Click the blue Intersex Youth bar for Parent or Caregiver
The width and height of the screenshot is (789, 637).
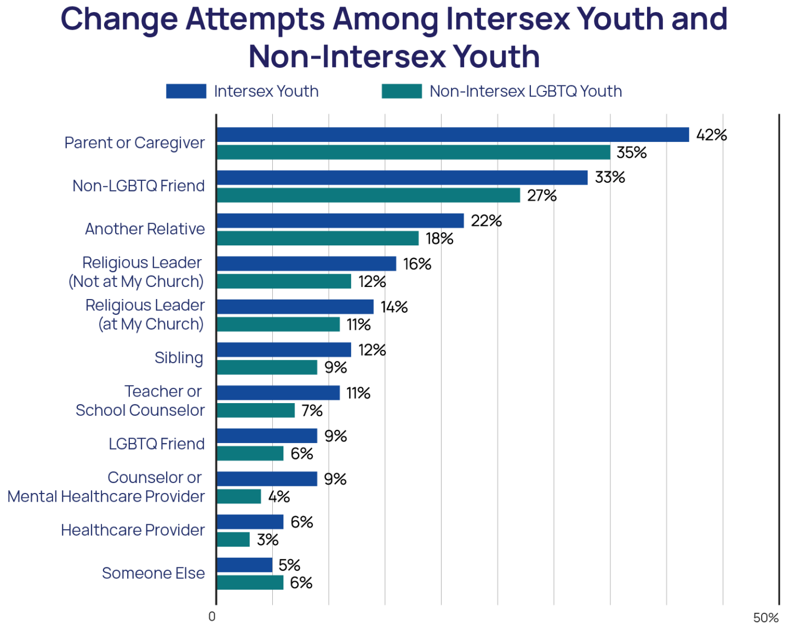pos(453,135)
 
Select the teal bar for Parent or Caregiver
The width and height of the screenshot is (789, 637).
pos(414,152)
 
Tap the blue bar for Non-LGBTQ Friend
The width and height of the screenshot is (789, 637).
pos(402,177)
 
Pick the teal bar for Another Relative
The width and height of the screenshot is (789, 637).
pos(318,238)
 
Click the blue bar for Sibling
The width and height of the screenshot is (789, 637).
pos(284,350)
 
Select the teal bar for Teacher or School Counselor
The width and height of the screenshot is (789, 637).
pos(256,410)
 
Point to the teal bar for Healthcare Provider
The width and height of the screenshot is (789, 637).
pos(233,540)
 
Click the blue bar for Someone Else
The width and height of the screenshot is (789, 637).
pos(244,565)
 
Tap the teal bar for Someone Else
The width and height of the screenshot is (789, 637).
pos(250,582)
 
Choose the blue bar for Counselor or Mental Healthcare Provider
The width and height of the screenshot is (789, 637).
pos(267,479)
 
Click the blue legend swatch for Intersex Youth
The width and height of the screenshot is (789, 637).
pos(186,91)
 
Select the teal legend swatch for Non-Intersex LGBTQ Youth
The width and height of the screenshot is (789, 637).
pos(402,91)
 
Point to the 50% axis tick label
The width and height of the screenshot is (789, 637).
pos(765,618)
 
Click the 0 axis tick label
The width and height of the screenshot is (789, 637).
pos(212,617)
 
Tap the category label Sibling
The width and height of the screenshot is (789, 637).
pos(179,358)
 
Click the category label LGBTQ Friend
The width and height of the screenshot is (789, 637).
pos(157,444)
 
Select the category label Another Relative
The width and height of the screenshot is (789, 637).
pos(145,229)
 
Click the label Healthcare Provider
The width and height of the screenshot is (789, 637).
pos(133,530)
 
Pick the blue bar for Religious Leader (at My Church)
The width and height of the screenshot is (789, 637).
pos(295,307)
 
